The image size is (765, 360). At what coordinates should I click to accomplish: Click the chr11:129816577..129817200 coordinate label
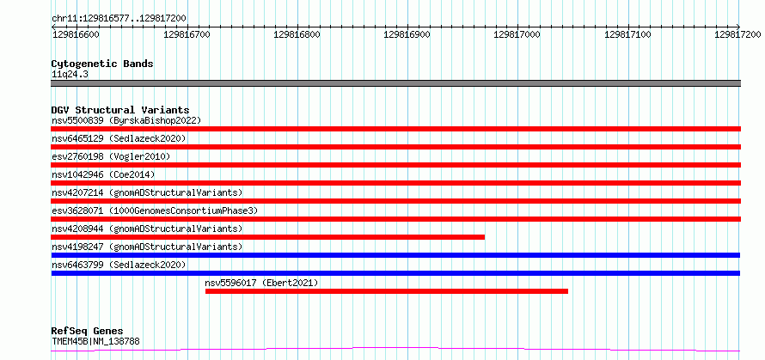point(119,19)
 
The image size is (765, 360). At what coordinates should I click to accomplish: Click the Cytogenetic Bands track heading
point(102,64)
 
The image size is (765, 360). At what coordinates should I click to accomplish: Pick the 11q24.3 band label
point(70,75)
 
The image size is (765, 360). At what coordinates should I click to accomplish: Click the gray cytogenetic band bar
point(395,83)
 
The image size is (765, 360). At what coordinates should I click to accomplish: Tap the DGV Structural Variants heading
point(120,110)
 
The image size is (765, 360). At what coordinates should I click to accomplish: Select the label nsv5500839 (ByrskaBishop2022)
point(126,120)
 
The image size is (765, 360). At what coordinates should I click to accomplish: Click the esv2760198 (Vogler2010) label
point(111,156)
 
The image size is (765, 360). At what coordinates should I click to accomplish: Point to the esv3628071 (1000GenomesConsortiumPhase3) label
point(155,211)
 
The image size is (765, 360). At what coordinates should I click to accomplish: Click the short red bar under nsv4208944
point(268,237)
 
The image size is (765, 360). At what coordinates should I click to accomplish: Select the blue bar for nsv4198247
point(395,255)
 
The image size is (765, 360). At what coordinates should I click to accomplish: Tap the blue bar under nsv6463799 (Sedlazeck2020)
point(395,273)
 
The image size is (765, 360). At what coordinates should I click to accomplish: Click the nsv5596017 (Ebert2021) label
point(261,283)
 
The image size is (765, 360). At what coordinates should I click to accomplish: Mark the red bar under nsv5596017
point(387,291)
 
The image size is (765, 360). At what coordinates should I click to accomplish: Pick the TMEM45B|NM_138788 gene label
point(95,341)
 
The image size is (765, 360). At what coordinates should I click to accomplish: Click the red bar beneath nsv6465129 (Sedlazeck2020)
point(395,147)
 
